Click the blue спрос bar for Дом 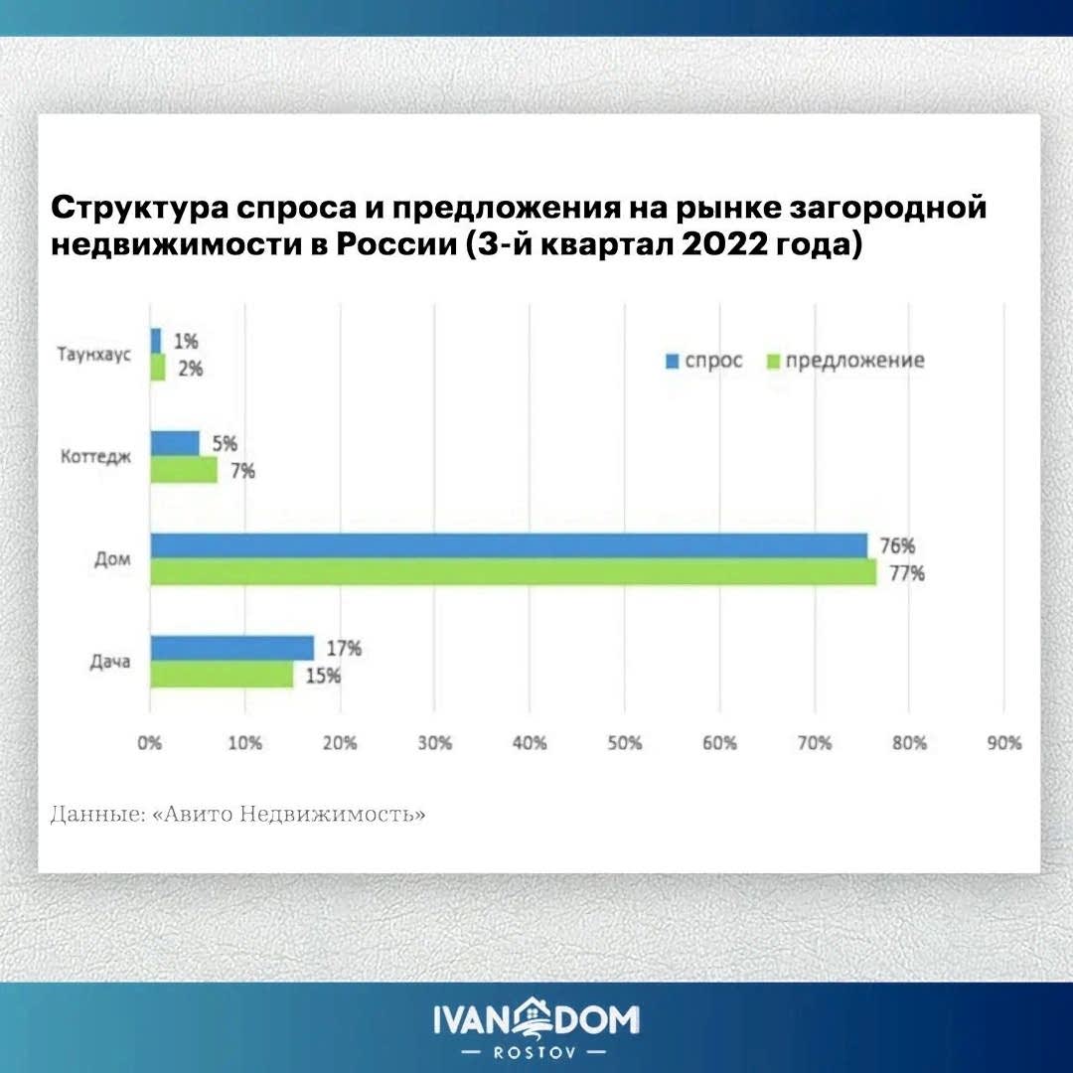(508, 544)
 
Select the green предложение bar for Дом (513, 571)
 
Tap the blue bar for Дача (231, 648)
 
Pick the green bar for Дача (222, 675)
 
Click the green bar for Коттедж (183, 469)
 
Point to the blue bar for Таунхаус (155, 341)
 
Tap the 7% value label (241, 470)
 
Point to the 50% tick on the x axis (623, 743)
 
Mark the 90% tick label (1002, 743)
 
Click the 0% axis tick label (150, 743)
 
